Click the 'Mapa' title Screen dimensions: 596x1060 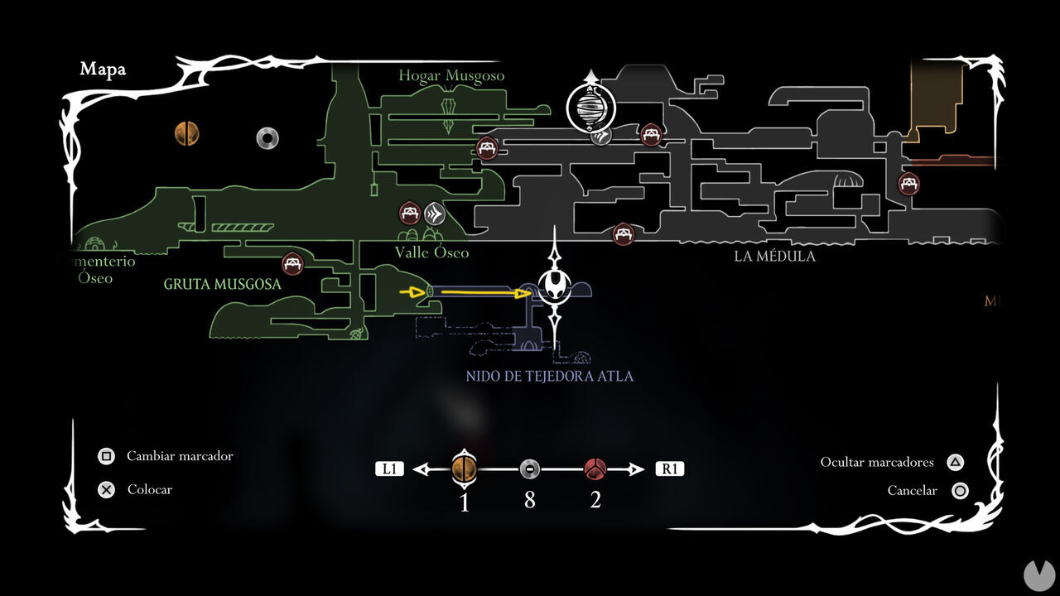[103, 70]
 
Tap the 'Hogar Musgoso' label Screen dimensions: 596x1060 [451, 76]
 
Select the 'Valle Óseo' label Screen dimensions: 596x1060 [431, 252]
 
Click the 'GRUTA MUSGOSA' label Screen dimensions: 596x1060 [223, 284]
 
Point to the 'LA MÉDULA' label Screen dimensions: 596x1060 [774, 257]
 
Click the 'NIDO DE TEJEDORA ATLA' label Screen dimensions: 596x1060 [550, 377]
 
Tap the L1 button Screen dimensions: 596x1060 [389, 469]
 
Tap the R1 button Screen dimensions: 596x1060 [669, 469]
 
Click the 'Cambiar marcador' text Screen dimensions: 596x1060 [180, 456]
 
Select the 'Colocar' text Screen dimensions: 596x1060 [150, 489]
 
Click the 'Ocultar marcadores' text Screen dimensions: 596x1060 [877, 462]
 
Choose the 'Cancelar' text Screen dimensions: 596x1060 [912, 491]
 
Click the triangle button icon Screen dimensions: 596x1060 [955, 462]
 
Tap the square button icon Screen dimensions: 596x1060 [106, 456]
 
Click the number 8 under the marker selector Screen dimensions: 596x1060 [529, 501]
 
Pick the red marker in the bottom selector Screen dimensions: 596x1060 [595, 469]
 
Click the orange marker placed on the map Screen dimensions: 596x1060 [187, 133]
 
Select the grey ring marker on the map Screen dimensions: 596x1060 [267, 137]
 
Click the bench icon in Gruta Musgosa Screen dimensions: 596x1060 [291, 264]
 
